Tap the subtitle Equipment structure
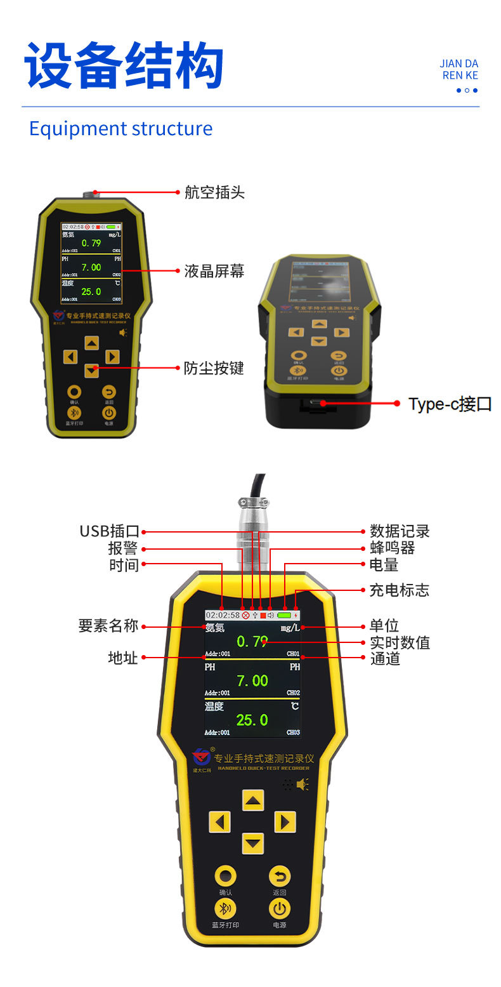coord(120,128)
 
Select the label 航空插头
coord(214,192)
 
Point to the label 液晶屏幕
coord(214,271)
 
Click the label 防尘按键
coord(214,368)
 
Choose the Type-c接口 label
coord(450,404)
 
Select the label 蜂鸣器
coord(393,548)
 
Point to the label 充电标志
coord(400,590)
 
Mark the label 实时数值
coord(400,642)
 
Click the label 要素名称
coord(108,626)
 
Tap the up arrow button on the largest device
coord(253,800)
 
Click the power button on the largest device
coord(280,908)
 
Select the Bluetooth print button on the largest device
coord(225,908)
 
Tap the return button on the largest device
coord(280,877)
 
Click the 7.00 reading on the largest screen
coord(252,681)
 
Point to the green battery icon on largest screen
coord(283,615)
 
